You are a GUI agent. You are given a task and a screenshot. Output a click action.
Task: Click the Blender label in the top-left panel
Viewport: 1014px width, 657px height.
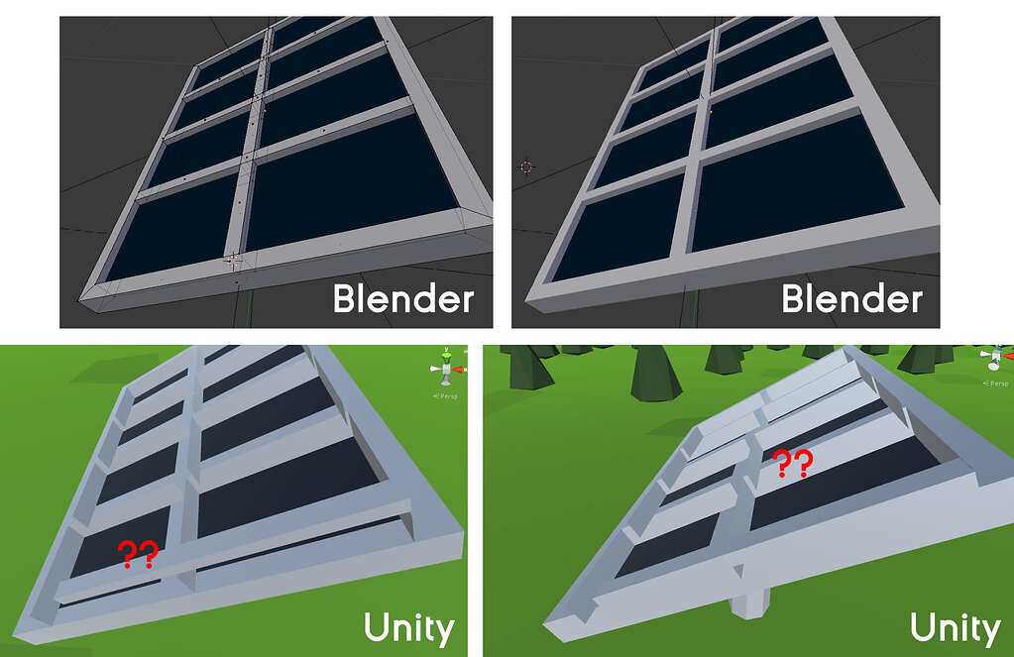click(402, 298)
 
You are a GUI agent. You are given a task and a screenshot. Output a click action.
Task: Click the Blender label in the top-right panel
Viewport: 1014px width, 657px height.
click(851, 298)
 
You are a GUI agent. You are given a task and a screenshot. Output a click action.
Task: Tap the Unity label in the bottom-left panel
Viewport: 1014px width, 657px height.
click(408, 627)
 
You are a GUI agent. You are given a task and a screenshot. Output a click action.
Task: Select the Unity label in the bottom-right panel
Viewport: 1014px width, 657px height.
click(955, 627)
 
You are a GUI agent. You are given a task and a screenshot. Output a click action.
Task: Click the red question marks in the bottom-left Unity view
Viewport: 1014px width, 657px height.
click(137, 555)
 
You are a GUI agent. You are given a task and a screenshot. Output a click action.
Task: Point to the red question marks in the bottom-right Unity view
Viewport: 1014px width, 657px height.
click(793, 463)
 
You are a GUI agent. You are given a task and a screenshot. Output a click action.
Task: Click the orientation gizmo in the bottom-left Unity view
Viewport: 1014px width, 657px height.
click(447, 369)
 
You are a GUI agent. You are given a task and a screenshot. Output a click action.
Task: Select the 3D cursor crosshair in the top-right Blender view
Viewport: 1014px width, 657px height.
click(525, 166)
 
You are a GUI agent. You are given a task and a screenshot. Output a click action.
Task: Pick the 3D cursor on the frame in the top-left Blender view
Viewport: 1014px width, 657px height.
click(231, 261)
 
